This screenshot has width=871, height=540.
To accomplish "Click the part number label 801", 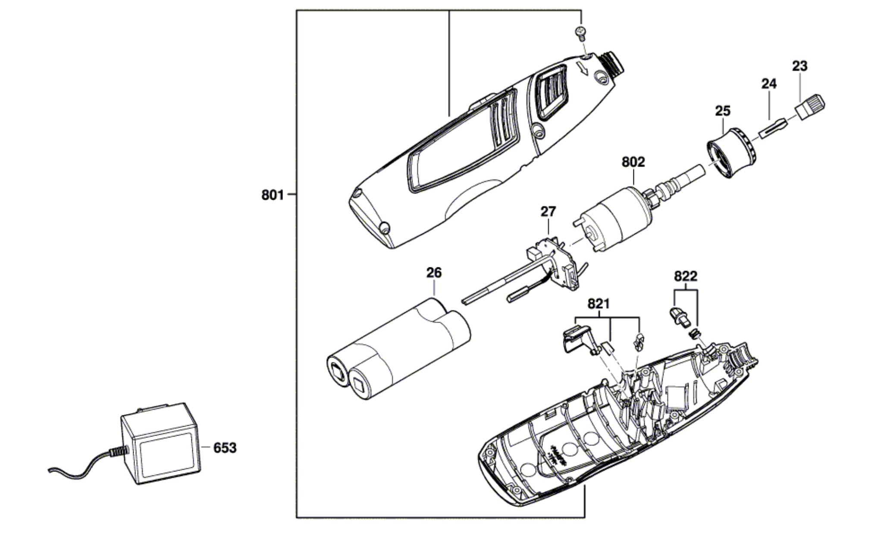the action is (273, 195).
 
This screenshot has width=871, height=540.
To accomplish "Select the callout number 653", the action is (225, 448).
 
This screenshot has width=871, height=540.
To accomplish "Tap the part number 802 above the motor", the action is (633, 162).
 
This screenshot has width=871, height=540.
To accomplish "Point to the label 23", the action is (800, 66).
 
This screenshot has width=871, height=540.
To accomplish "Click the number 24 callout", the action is (769, 84).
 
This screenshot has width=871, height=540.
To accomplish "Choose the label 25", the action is (723, 111).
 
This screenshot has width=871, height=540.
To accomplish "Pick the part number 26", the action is (434, 273).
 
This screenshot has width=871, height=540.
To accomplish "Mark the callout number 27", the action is (548, 212).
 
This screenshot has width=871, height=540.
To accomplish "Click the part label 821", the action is (599, 304).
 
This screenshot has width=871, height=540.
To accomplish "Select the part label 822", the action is (686, 276).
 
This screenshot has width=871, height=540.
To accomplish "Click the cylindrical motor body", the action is (615, 220).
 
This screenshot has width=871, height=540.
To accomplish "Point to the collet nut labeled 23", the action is (810, 107).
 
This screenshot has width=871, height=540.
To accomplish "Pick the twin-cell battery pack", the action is (398, 348).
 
